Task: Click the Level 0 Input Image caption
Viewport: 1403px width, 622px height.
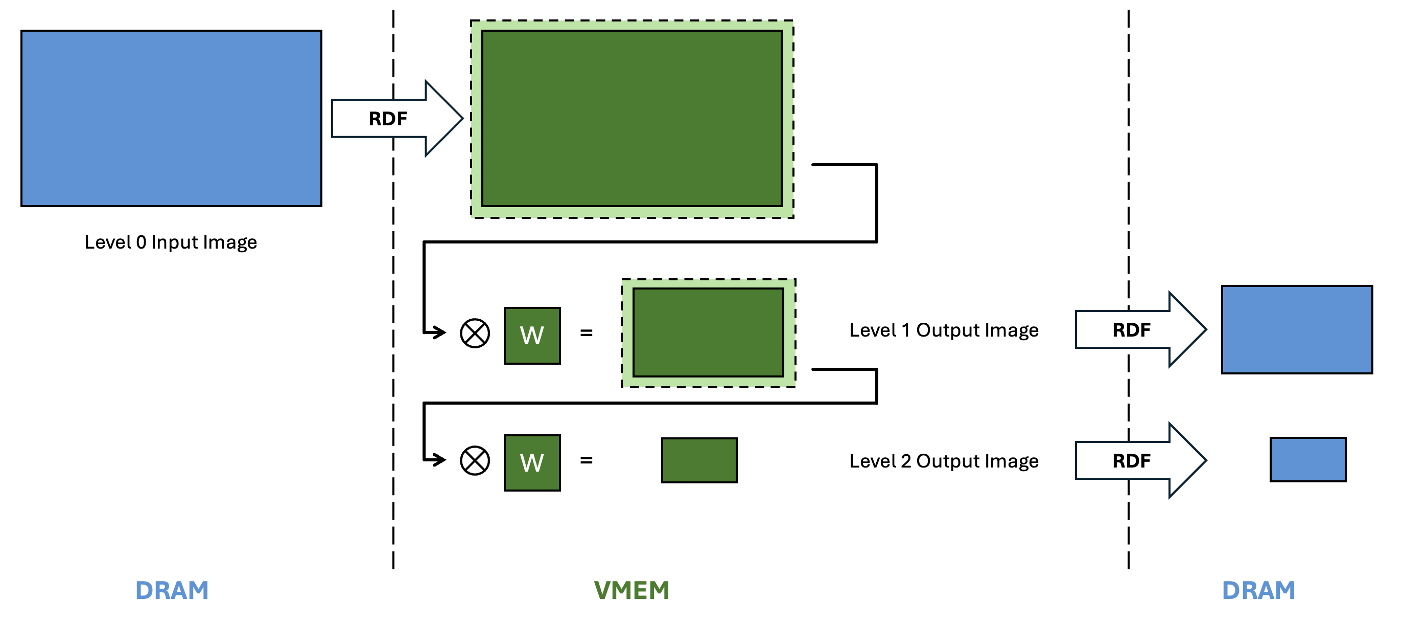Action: tap(171, 242)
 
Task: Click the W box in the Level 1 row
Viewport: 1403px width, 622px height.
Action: tap(532, 335)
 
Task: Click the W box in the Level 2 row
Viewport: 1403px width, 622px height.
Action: tap(532, 463)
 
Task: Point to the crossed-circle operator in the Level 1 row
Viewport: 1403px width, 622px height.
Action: tap(475, 333)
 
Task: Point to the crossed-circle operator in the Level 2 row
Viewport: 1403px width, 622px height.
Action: tap(475, 461)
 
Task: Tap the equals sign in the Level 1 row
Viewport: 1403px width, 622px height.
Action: tap(586, 332)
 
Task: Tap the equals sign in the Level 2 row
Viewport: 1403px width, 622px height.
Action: tap(586, 461)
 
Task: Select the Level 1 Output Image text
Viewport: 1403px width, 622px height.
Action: tap(944, 330)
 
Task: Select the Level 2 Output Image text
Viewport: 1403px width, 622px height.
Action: tap(944, 461)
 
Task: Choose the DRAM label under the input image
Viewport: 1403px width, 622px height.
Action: tap(172, 590)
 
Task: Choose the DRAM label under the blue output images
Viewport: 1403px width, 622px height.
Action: tap(1258, 590)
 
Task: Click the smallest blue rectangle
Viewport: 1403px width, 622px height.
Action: tap(1307, 459)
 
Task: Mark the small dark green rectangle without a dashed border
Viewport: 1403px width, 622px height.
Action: tap(699, 460)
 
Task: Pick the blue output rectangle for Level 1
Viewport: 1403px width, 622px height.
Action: tap(1297, 330)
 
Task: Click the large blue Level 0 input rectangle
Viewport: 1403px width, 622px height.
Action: tap(171, 118)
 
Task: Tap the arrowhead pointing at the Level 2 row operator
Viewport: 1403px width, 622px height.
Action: tap(439, 459)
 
